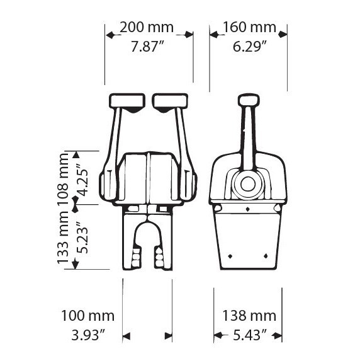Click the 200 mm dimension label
[x=147, y=27]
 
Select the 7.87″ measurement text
[x=147, y=47]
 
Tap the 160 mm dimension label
[x=249, y=27]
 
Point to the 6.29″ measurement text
[x=250, y=47]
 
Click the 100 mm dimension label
[x=88, y=316]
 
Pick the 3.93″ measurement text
[x=88, y=335]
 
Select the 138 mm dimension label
[x=249, y=316]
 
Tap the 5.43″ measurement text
[x=250, y=335]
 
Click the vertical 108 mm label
[x=63, y=179]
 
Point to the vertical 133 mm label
[x=63, y=238]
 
